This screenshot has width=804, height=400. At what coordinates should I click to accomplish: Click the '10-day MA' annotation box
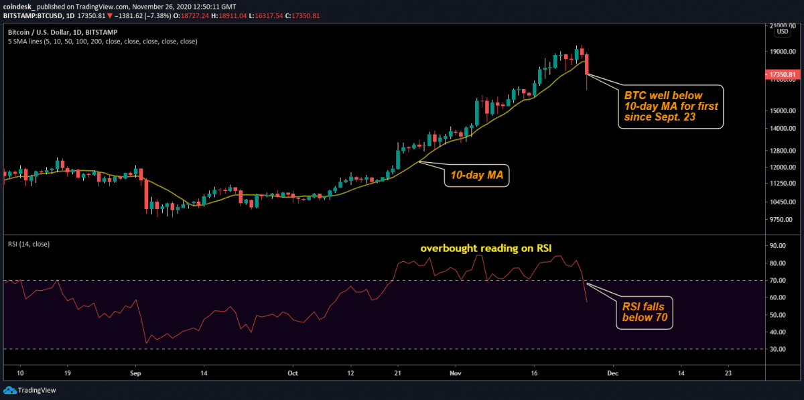(476, 176)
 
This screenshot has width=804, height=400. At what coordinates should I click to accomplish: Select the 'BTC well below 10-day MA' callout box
(670, 107)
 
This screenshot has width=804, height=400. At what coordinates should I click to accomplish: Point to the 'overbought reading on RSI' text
(486, 249)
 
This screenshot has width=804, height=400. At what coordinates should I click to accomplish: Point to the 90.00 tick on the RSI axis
(778, 246)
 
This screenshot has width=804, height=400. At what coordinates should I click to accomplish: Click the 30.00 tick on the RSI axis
(778, 349)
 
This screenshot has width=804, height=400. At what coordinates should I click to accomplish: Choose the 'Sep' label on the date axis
(135, 373)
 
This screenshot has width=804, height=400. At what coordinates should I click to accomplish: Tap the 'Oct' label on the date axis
(291, 373)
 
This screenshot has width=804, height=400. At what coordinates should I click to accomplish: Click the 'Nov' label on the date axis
(455, 373)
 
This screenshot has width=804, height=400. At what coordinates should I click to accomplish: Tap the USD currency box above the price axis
(782, 31)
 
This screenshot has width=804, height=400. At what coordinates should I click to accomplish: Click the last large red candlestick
(587, 65)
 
